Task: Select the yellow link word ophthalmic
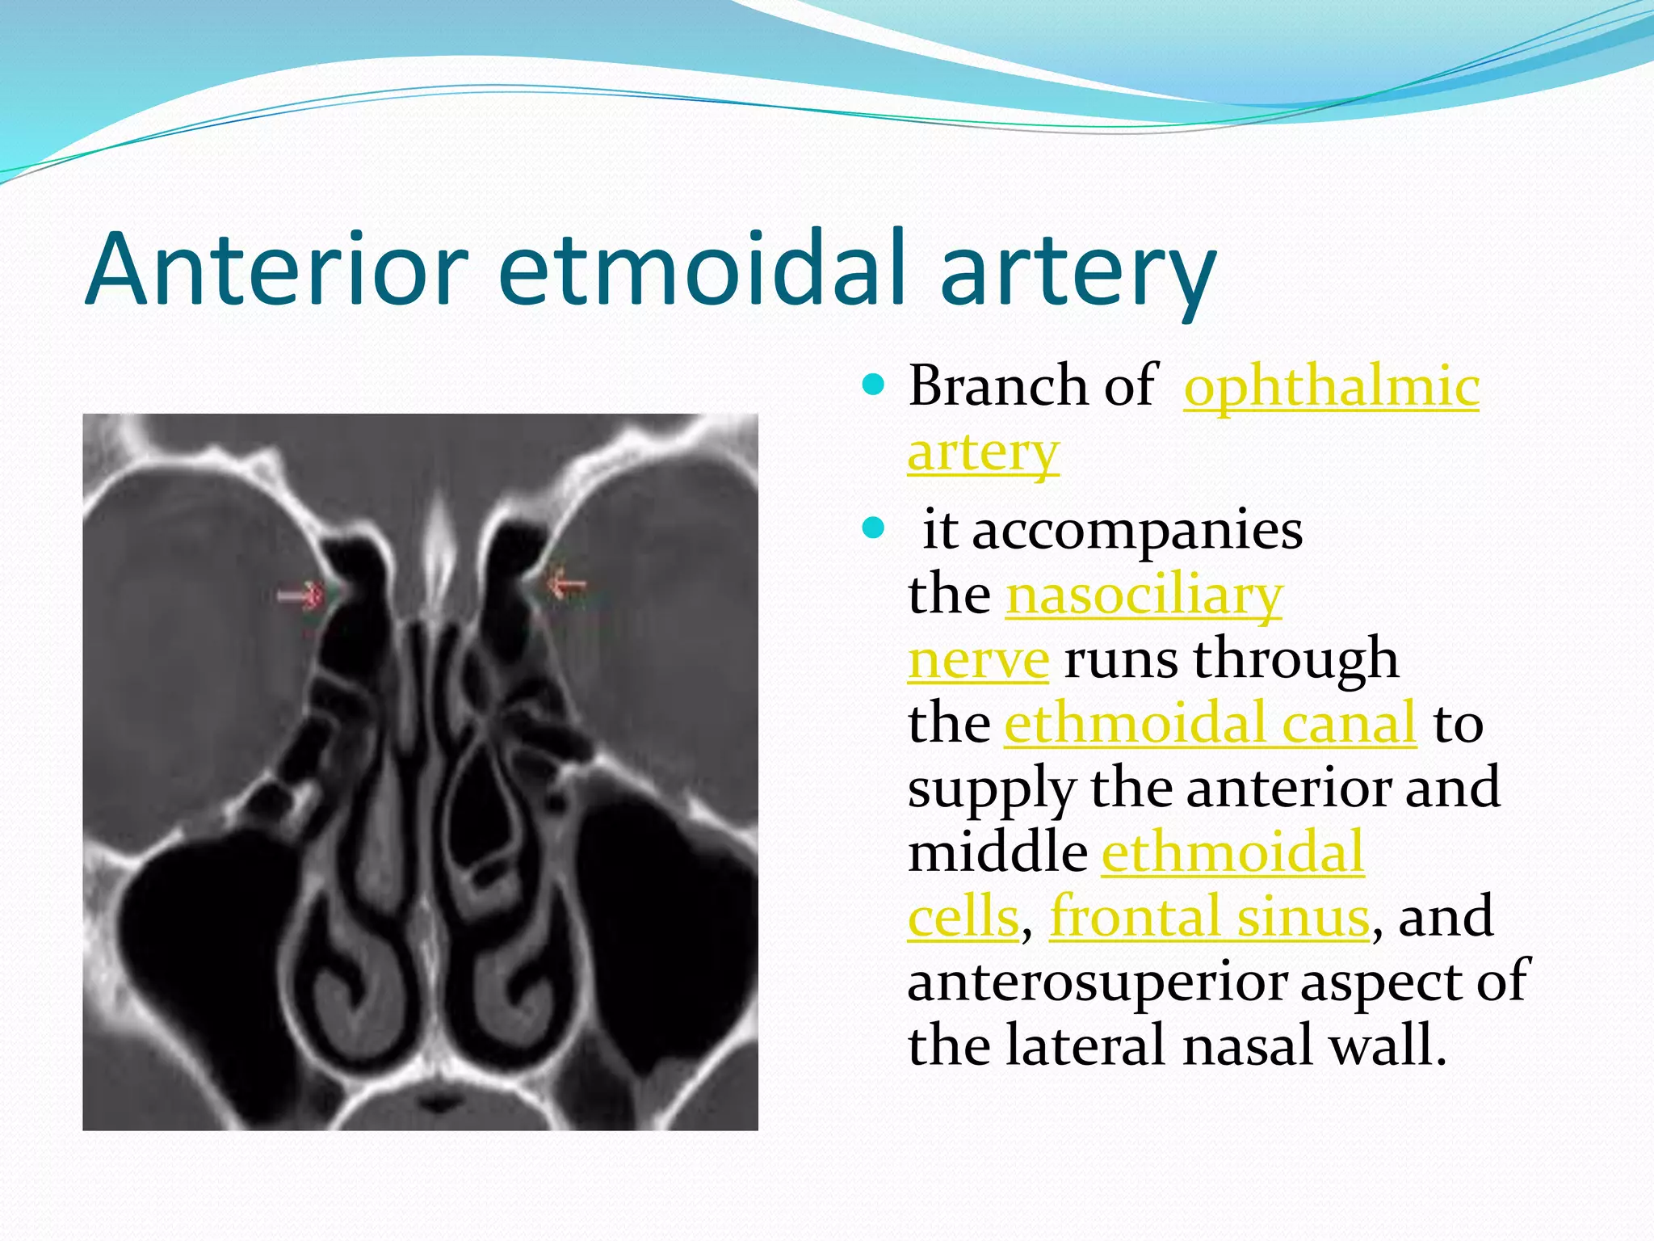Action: point(1331,386)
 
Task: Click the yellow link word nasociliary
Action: point(1144,596)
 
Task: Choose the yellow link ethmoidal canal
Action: point(1210,723)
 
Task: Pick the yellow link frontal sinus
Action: point(1209,917)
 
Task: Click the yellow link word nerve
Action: point(978,660)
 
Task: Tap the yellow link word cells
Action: point(963,917)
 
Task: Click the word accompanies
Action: point(1112,532)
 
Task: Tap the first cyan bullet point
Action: point(873,384)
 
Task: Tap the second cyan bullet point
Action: point(873,530)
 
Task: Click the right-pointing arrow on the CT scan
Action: point(300,597)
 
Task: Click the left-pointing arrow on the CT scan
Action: point(566,584)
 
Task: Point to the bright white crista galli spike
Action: point(439,549)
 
